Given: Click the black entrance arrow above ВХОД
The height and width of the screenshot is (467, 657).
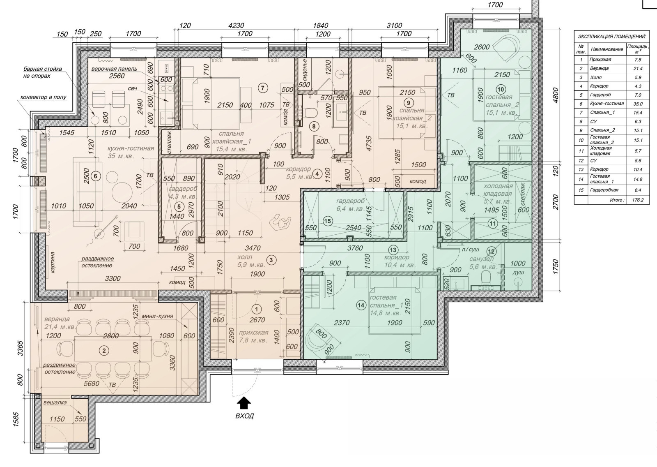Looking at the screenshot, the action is tap(244, 403).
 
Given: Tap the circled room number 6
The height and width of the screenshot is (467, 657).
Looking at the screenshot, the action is tap(96, 176).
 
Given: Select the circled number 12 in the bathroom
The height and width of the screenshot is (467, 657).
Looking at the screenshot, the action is tap(491, 252).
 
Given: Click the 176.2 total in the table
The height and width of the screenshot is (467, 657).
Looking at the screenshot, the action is tap(638, 200).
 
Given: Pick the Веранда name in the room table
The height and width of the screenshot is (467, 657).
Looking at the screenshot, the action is tap(600, 68).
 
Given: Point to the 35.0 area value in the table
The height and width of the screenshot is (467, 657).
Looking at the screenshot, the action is tap(638, 104).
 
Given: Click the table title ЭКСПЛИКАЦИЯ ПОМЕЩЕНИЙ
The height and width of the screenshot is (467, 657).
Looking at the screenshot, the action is tap(611, 37).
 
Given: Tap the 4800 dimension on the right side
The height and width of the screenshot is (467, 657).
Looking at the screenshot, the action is tap(555, 95).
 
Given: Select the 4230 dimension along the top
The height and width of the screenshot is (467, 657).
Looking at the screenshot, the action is tap(236, 26).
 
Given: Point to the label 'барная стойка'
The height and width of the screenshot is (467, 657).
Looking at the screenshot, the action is tap(43, 69).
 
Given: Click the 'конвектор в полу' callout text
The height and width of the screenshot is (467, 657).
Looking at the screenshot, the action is tap(44, 97).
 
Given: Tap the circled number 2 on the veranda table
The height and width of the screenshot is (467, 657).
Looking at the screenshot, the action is tap(103, 350).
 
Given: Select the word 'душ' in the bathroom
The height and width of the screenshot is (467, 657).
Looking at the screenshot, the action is tap(519, 273).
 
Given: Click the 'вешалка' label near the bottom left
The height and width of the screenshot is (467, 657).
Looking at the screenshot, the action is tap(55, 403).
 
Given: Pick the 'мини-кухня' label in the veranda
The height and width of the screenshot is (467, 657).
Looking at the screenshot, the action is tap(157, 316).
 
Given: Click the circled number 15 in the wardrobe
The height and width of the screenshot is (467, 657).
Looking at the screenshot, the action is tap(328, 221).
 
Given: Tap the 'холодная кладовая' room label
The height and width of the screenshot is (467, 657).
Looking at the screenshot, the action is tap(498, 190).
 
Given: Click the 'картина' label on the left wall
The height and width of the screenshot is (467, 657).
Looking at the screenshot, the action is tap(53, 262).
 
